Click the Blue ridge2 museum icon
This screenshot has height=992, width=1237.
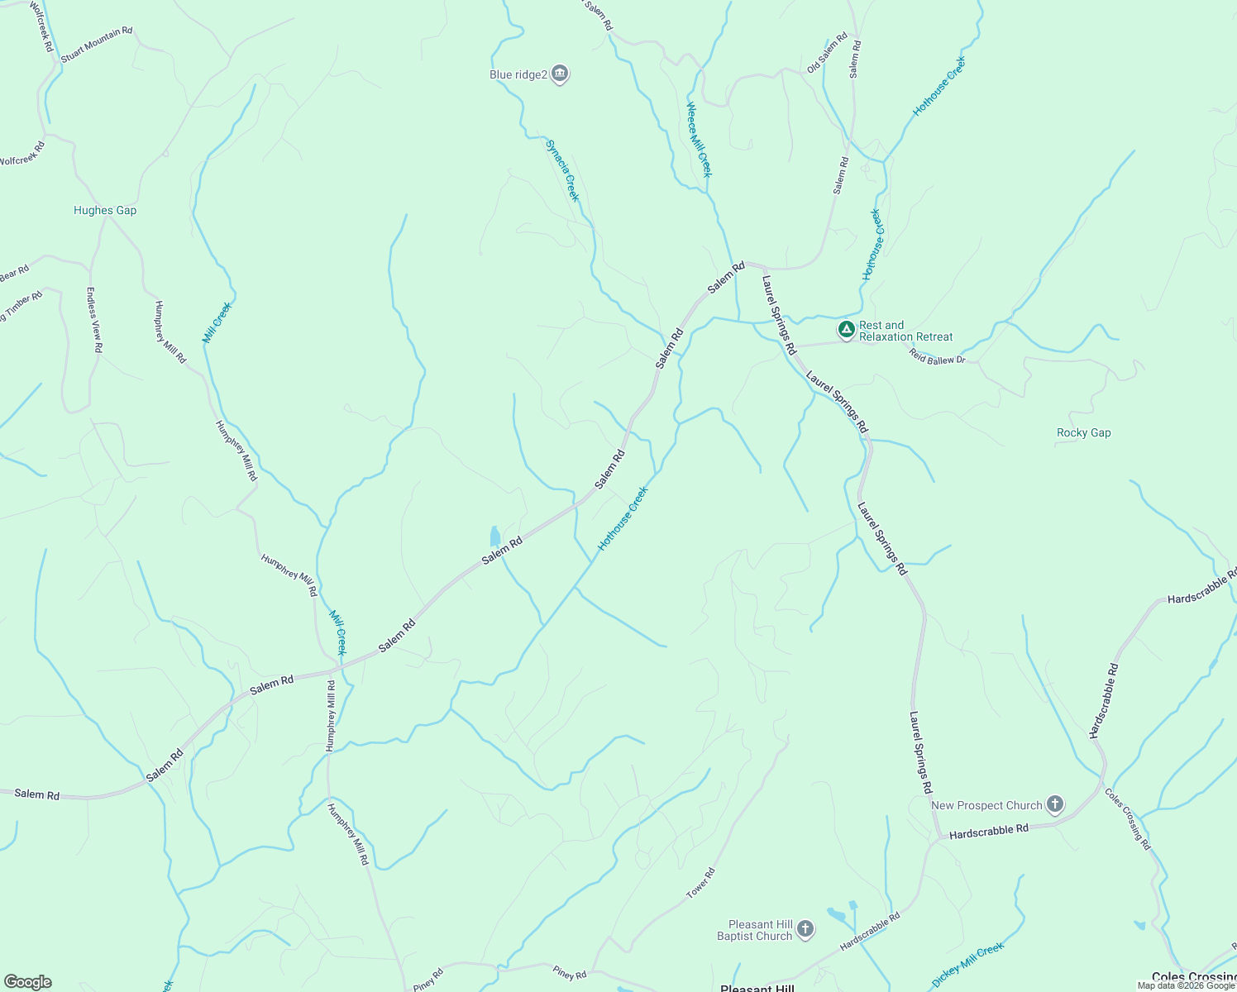click(560, 74)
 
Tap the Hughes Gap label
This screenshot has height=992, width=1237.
click(105, 210)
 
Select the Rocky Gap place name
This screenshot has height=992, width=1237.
click(1083, 432)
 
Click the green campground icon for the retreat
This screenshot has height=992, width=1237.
click(846, 330)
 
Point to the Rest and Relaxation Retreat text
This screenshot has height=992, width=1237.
click(905, 331)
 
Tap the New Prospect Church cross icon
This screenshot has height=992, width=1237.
click(1054, 804)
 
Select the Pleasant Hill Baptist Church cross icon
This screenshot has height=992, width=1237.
click(806, 929)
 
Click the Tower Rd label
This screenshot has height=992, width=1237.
click(700, 884)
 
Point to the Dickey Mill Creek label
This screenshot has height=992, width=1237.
click(967, 964)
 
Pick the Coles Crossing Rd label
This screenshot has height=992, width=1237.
click(1128, 818)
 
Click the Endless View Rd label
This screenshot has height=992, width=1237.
click(93, 320)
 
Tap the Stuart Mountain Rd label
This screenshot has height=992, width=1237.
click(96, 45)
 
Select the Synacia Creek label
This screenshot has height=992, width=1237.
click(562, 170)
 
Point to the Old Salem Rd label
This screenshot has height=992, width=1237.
click(827, 52)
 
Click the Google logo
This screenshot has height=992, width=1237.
click(27, 982)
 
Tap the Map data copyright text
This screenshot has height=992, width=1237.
click(1186, 985)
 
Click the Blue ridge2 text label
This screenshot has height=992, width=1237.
click(518, 74)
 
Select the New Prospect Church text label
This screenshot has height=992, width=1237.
click(986, 805)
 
